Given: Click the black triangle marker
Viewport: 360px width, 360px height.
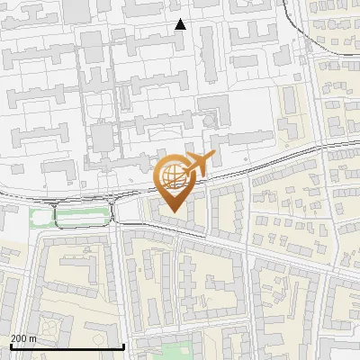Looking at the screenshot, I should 180,24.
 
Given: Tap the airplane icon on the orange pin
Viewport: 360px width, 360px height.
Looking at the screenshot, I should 199,165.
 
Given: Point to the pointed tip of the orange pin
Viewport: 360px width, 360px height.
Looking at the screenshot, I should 172,212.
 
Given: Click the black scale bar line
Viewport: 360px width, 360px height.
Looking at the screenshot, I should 67,347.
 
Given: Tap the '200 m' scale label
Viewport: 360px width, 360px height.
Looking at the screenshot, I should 23,338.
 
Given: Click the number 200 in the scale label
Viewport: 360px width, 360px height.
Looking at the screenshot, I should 19,338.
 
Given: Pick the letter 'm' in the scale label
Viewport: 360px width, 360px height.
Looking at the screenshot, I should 33,338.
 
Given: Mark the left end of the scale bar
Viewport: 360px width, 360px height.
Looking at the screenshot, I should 10,347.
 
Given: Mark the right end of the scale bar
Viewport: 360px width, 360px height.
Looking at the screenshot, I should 123,347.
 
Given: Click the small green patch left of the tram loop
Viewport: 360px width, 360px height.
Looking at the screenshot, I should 40,216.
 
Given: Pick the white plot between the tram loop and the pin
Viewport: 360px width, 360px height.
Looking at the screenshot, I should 130,210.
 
